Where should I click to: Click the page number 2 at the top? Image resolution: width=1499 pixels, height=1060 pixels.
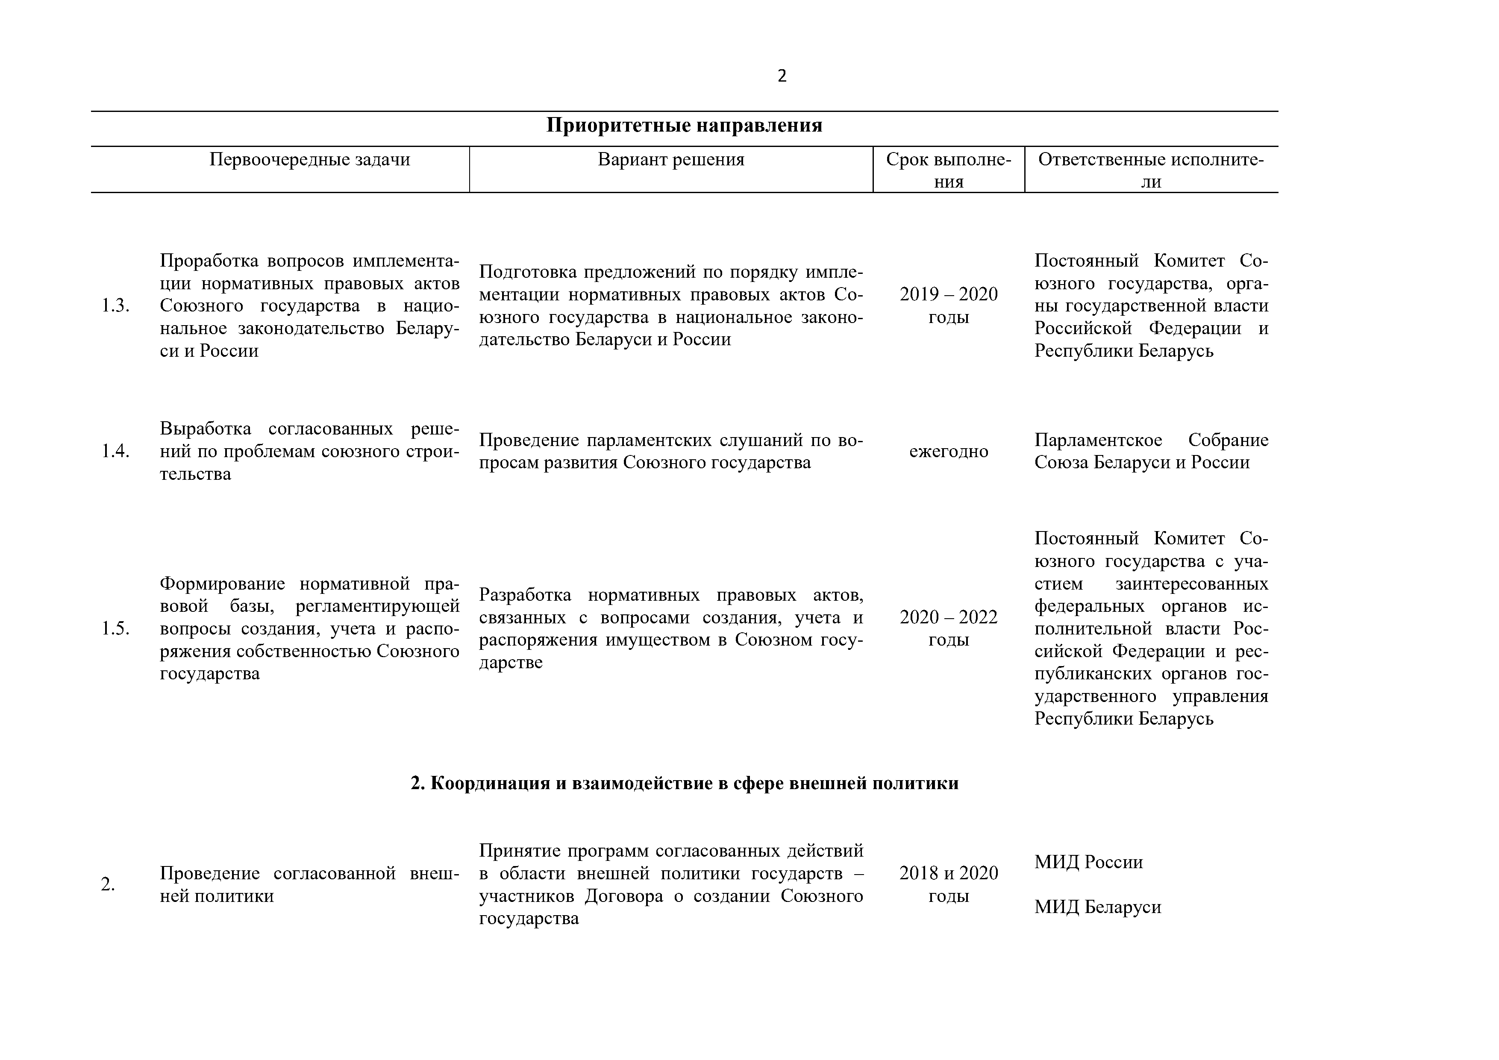[782, 76]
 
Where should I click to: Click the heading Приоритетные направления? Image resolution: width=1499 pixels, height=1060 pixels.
[684, 125]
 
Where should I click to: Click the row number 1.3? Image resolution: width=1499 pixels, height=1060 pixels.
[115, 305]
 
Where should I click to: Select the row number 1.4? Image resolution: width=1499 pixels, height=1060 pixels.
[115, 451]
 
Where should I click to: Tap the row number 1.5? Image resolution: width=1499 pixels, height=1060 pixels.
[115, 628]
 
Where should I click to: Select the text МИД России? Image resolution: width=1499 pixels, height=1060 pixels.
[1088, 862]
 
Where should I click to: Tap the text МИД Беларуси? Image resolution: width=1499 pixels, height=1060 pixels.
[1097, 907]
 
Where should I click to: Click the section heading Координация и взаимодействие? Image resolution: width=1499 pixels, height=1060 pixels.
[684, 783]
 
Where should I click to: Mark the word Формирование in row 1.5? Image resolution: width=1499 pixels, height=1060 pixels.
[221, 584]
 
